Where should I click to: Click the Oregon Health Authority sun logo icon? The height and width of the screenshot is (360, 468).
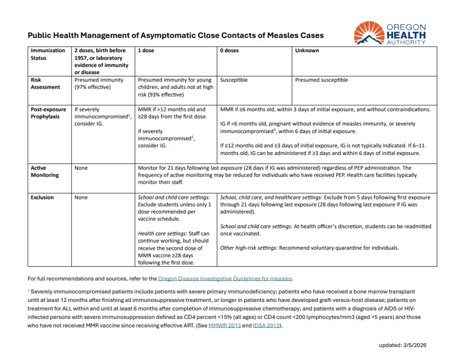(369, 33)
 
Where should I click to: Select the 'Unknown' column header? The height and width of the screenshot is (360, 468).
(307, 50)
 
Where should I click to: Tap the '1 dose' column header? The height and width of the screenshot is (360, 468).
(146, 50)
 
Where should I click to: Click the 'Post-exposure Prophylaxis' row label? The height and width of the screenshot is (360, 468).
(48, 113)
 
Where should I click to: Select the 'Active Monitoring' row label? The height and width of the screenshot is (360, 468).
(44, 172)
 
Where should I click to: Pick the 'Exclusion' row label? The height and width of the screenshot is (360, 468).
(42, 198)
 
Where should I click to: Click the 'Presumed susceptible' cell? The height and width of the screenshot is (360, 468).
(321, 80)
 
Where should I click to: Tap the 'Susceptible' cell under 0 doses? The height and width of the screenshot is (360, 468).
(234, 80)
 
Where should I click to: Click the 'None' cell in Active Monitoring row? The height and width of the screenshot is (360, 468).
(81, 168)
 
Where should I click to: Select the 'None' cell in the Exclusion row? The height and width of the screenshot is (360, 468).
(81, 198)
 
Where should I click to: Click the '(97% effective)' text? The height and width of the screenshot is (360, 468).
(92, 87)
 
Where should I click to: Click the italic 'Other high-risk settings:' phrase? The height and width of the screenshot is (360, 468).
(249, 248)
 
